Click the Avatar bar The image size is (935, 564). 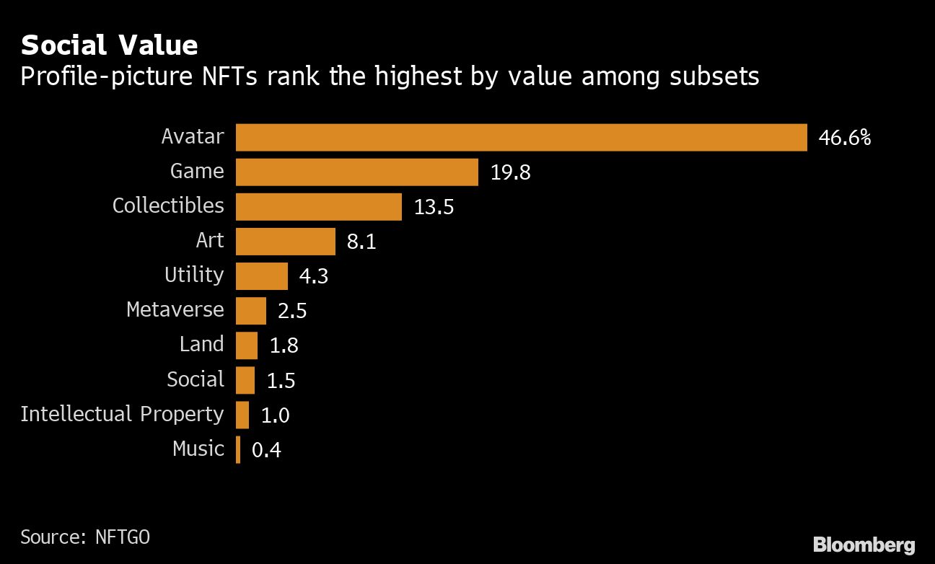[x=521, y=137]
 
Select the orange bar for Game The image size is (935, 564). [x=357, y=172]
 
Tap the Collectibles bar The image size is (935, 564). [x=318, y=206]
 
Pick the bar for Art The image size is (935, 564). [x=286, y=241]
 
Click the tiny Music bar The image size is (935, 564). [x=238, y=449]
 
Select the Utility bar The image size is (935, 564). [x=262, y=276]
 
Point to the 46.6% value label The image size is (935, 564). [x=844, y=138]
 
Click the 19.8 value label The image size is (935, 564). [x=510, y=172]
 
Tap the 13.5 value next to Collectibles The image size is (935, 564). [x=434, y=207]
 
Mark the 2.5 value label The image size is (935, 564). [x=292, y=311]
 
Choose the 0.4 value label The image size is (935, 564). [x=266, y=450]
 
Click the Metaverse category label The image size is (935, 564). [x=175, y=310]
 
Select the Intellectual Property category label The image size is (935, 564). [x=122, y=414]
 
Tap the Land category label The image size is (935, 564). [x=202, y=345]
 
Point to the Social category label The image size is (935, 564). [x=196, y=379]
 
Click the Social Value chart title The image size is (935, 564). [x=109, y=45]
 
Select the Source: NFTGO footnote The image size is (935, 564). [x=85, y=537]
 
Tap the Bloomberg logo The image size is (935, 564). [x=864, y=545]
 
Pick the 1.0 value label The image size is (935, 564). [x=275, y=415]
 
